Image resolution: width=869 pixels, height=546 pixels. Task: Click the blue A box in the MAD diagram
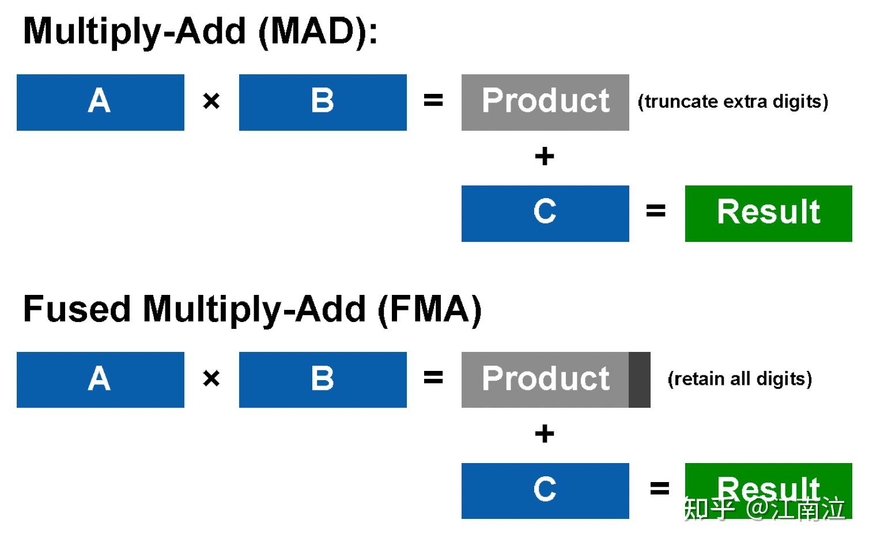coord(100,103)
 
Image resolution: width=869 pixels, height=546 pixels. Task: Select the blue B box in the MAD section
coord(323,103)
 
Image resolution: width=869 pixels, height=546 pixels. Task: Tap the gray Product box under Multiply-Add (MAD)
coord(545,103)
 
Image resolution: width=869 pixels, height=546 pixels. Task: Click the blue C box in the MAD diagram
coord(545,214)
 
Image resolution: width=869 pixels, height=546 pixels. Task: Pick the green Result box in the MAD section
coord(769,214)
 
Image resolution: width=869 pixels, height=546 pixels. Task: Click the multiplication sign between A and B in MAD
coord(211,101)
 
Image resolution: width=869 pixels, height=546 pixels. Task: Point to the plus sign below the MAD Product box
coord(545,156)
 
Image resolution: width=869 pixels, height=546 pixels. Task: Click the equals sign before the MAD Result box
coord(656,211)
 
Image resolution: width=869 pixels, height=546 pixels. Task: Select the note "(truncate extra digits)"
coord(733,102)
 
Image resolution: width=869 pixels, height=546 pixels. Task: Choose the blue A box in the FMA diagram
coord(100,380)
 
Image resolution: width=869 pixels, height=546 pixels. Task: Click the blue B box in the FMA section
coord(323,380)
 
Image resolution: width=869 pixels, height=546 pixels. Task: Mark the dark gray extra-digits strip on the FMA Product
coord(639,380)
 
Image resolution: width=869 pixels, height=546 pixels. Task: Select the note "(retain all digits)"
coord(740,379)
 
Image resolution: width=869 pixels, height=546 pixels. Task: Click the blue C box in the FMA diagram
coord(545,491)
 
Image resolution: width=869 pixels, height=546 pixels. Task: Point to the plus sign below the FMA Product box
coord(545,434)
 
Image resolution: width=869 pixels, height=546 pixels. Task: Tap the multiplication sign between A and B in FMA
coord(211,378)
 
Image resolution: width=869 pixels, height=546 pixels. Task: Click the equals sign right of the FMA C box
coord(659,488)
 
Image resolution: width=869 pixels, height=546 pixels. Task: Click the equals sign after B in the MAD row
coord(433,100)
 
